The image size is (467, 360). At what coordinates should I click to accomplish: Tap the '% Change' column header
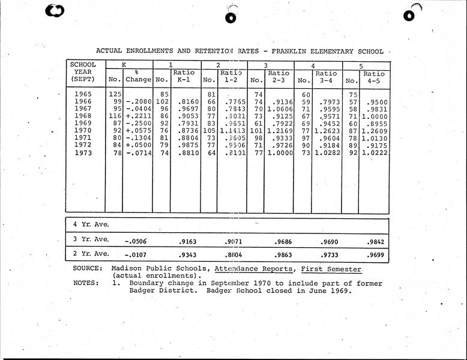pyautogui.click(x=137, y=76)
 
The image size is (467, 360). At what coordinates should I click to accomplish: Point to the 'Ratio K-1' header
pyautogui.click(x=184, y=76)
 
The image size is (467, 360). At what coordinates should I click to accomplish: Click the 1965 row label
pyautogui.click(x=85, y=94)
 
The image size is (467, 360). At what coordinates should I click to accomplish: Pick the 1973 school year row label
pyautogui.click(x=85, y=153)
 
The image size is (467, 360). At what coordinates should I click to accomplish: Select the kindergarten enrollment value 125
pyautogui.click(x=114, y=94)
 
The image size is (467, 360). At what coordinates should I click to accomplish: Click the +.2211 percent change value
pyautogui.click(x=137, y=116)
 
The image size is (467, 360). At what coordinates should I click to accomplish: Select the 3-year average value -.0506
pyautogui.click(x=136, y=241)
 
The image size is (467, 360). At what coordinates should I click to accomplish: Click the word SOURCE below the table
pyautogui.click(x=88, y=269)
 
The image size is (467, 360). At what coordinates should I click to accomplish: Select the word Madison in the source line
pyautogui.click(x=128, y=269)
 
